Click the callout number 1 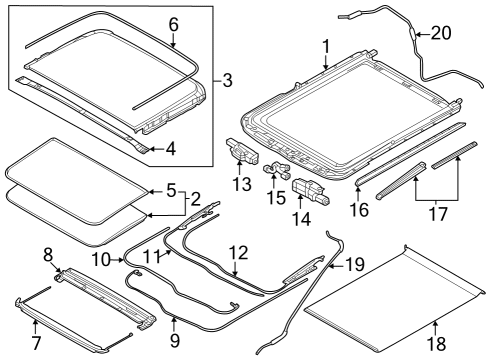coord(325,46)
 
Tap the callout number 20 coord(440,33)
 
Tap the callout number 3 coord(228,79)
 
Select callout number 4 coord(170,149)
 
